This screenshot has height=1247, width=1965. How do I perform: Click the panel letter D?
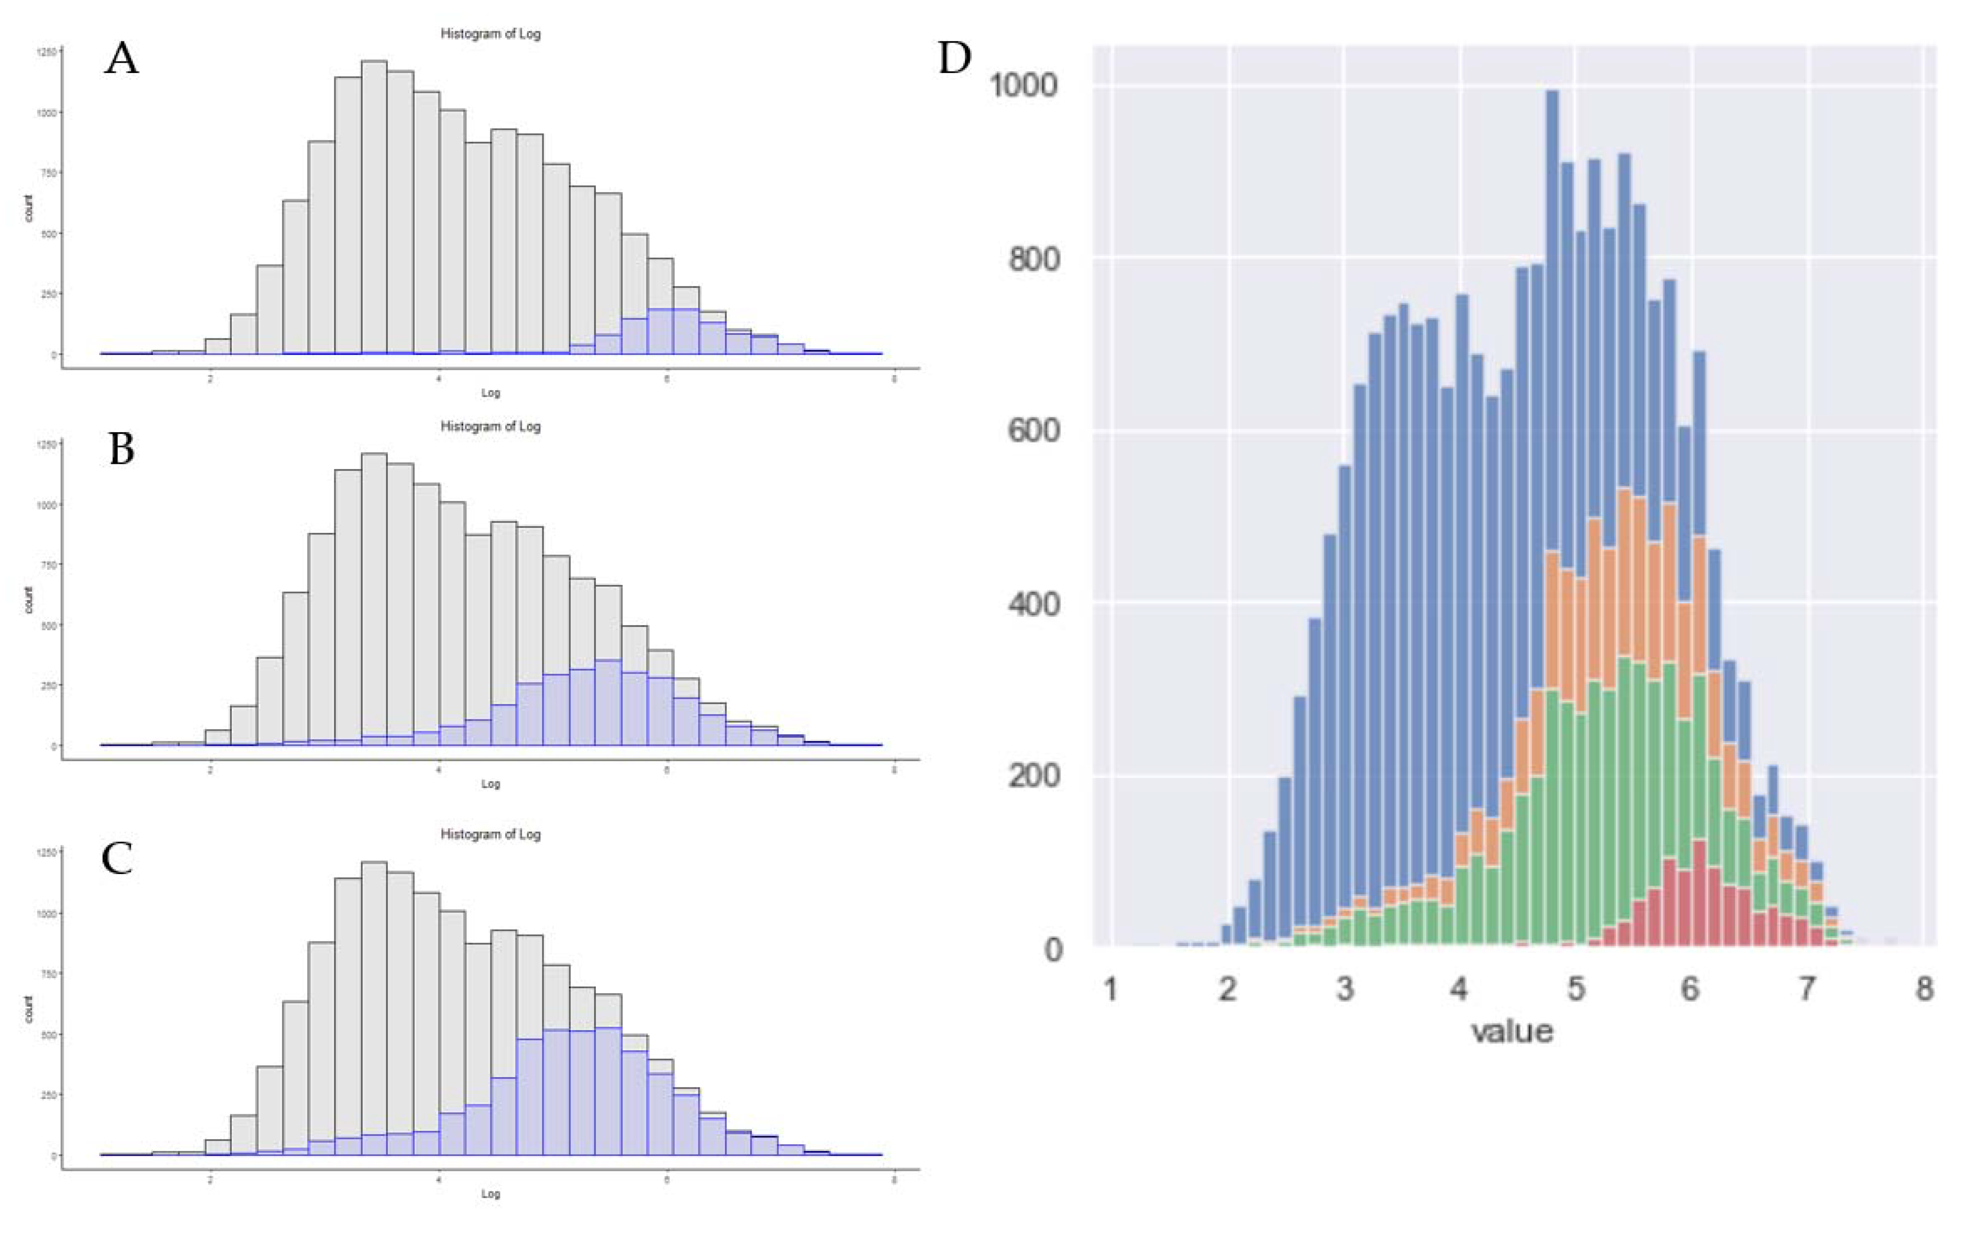(954, 59)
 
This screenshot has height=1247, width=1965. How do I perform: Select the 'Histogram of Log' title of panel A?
(490, 34)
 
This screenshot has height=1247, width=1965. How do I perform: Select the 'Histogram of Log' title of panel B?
(490, 426)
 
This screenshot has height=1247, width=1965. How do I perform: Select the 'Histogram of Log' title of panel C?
(490, 834)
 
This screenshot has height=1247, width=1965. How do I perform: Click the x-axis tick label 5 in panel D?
(1576, 989)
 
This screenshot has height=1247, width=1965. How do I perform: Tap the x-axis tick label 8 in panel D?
(1924, 989)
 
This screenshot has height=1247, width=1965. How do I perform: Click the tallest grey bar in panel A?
(375, 204)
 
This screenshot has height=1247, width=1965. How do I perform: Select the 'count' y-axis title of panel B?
(29, 600)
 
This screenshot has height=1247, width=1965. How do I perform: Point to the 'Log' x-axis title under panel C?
(490, 1193)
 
